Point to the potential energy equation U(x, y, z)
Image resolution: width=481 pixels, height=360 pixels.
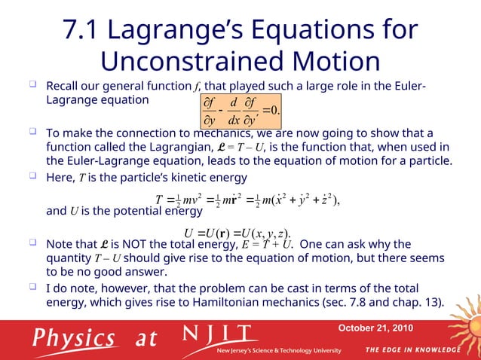[237, 231]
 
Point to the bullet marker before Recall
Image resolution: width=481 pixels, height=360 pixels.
[34, 84]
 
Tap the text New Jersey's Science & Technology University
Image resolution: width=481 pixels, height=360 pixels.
[279, 351]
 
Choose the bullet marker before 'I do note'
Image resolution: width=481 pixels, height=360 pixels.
[34, 288]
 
